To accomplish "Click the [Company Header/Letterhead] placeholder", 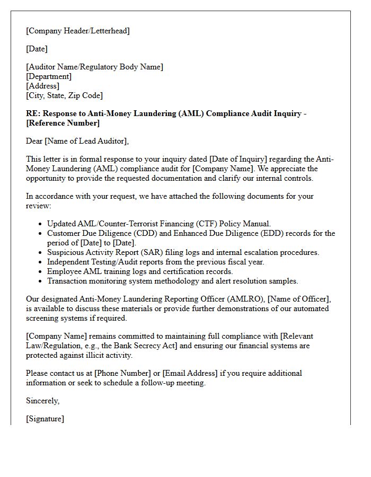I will [x=78, y=31].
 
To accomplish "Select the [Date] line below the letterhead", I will [x=37, y=49].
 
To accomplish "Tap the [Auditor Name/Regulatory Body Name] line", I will [x=94, y=67].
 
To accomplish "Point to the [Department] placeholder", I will [x=49, y=76].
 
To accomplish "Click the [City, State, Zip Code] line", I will [x=64, y=95].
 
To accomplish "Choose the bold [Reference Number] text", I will [x=63, y=123].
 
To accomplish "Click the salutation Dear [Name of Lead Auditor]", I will [x=77, y=141].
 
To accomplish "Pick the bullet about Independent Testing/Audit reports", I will [x=155, y=262].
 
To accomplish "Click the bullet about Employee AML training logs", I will [x=140, y=271].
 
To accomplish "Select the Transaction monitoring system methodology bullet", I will [x=172, y=281].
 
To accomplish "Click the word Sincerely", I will [x=42, y=401].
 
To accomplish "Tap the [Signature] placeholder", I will [x=45, y=419].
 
